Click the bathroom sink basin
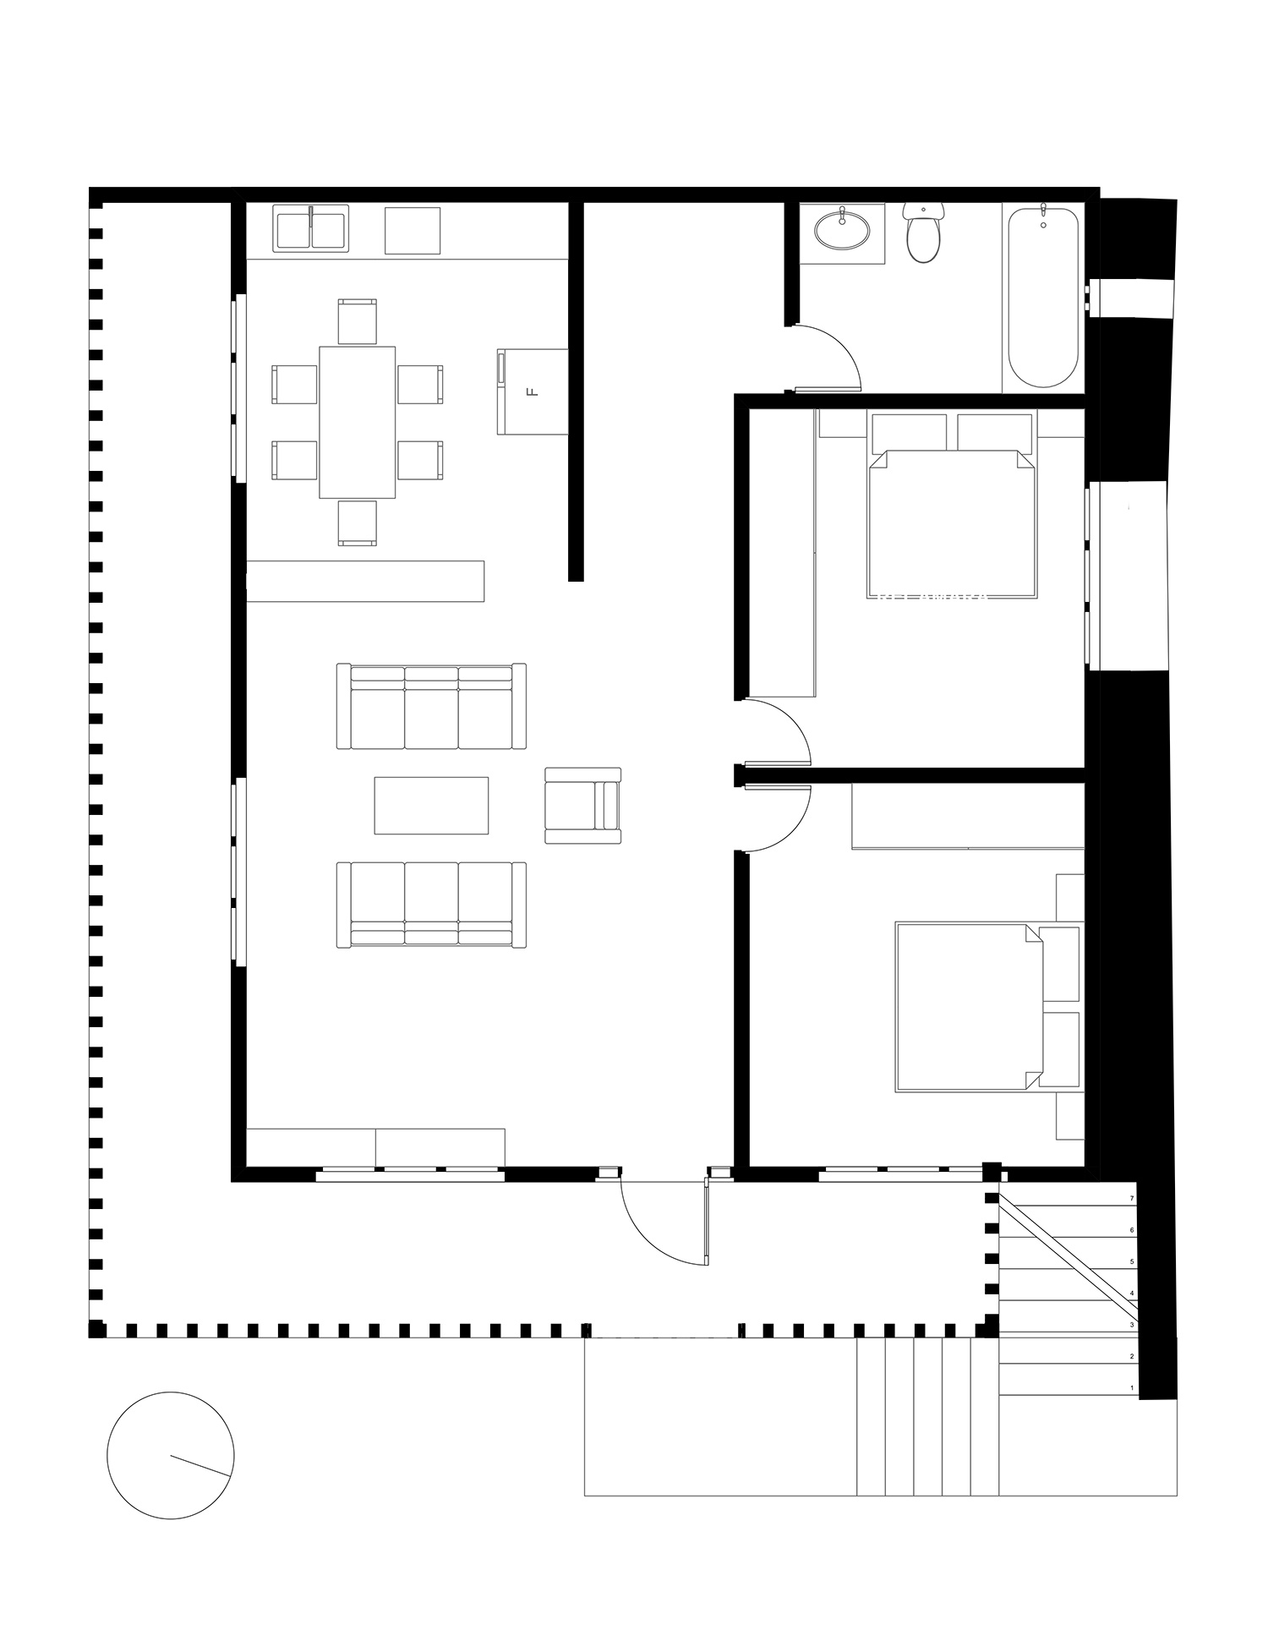pos(843,228)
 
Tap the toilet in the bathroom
pos(923,234)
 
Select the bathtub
pos(1043,296)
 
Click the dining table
pos(357,422)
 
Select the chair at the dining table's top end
pos(357,321)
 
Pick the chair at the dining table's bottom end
pos(357,522)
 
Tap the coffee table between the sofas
pos(431,805)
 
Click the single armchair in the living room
pos(582,805)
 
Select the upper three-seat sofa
pos(431,706)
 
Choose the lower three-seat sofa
pos(431,905)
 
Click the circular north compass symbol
pos(170,1455)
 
